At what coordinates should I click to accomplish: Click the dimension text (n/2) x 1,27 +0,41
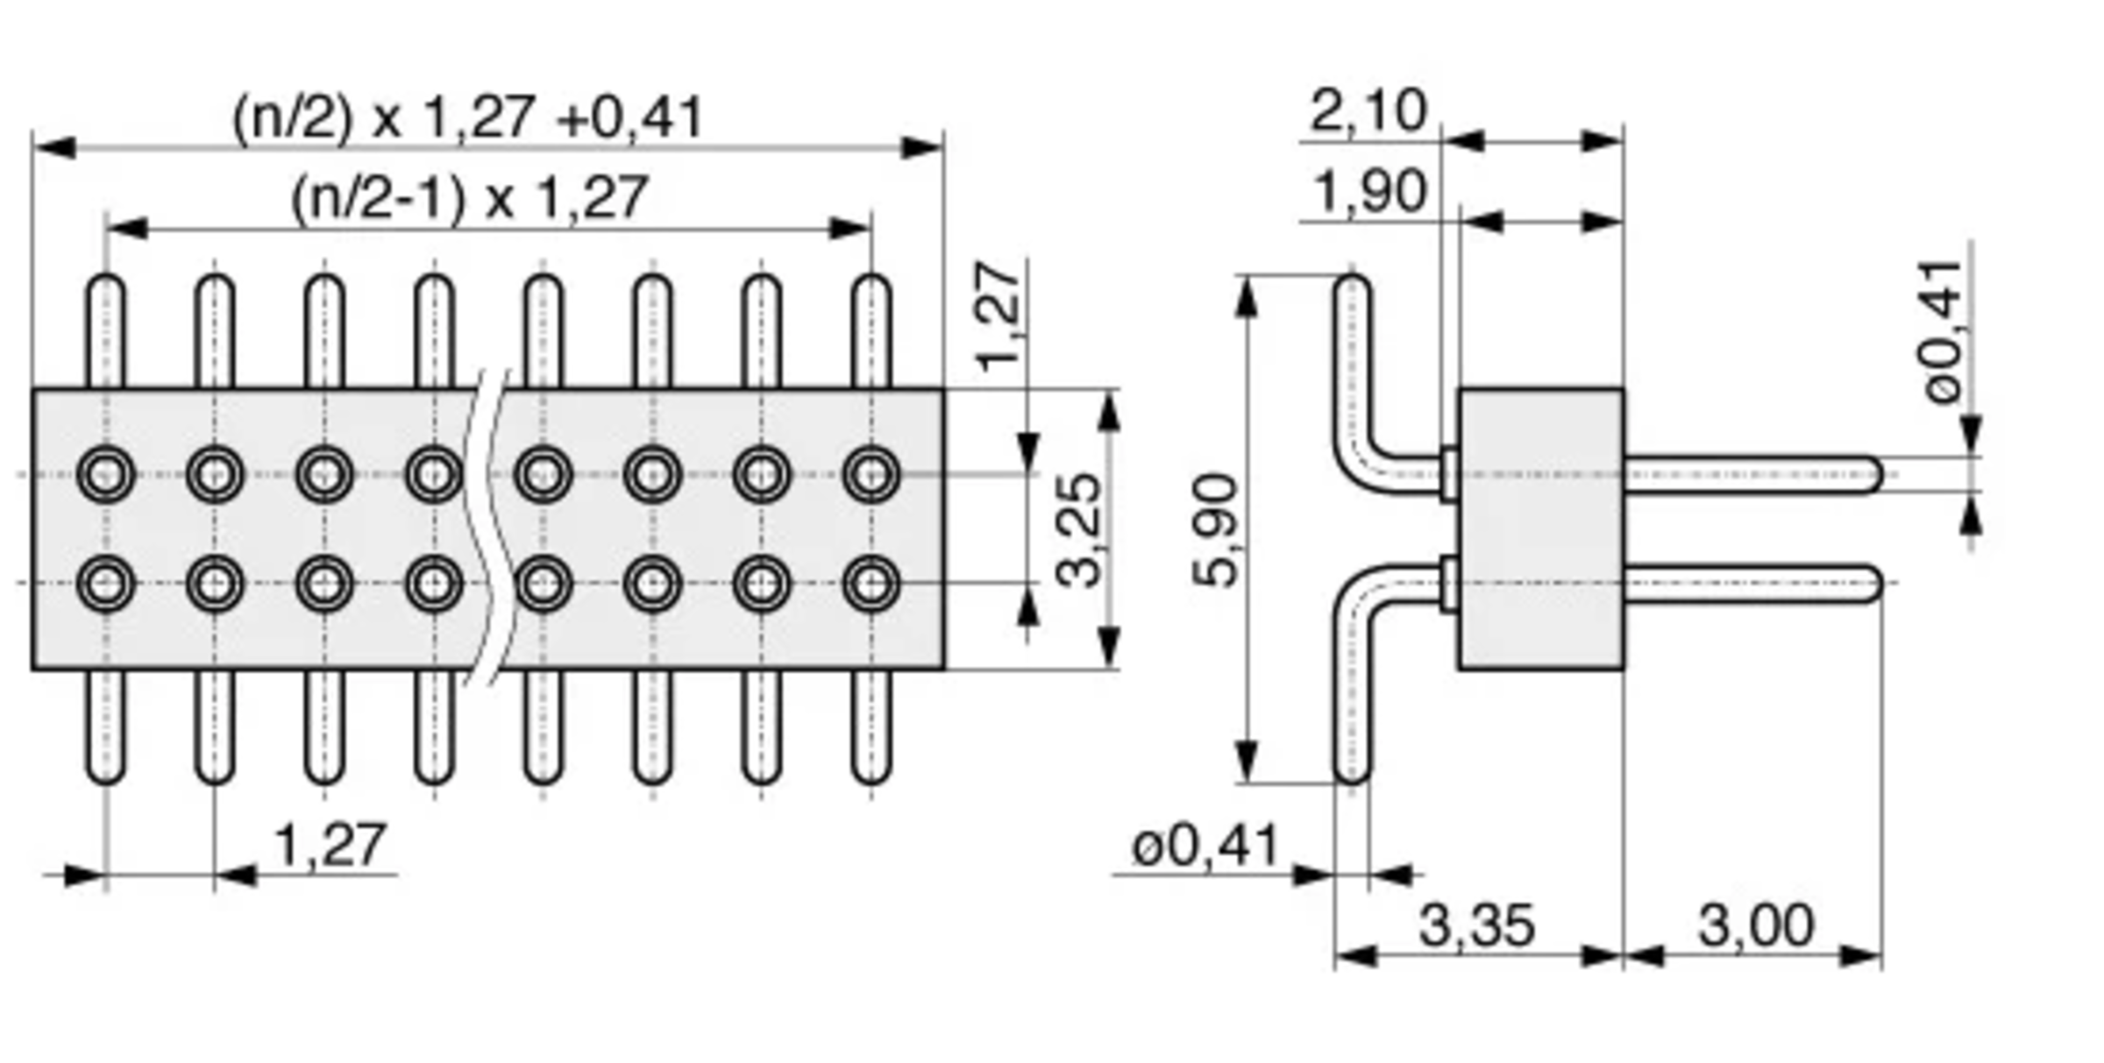467,117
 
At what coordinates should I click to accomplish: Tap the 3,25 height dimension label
1078,529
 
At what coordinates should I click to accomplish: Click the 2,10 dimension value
1368,111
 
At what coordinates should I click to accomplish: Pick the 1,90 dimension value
1370,192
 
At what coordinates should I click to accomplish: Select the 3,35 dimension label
1476,925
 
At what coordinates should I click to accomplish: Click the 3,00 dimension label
1755,925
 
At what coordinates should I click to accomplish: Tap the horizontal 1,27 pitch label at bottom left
330,845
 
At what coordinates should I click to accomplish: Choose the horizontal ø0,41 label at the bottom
1206,847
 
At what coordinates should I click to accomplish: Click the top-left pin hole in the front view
106,474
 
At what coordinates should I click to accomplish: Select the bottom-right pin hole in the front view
871,583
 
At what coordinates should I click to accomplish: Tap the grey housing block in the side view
1541,529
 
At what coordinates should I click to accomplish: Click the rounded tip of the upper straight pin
1877,475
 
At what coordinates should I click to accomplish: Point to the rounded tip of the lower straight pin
1877,584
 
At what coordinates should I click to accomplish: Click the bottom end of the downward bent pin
1352,781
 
